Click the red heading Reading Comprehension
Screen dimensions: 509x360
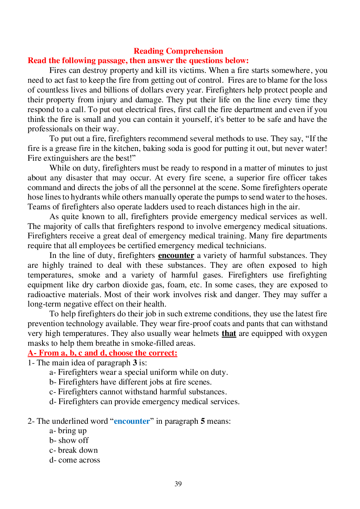(178, 51)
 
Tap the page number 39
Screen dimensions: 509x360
(178, 484)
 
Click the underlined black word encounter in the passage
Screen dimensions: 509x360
(176, 255)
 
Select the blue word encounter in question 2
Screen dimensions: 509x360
(132, 421)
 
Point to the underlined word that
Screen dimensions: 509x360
(229, 333)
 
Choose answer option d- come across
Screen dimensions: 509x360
(75, 460)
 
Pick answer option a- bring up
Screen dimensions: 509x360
(68, 431)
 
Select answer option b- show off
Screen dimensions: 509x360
(69, 440)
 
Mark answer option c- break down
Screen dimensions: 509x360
(74, 450)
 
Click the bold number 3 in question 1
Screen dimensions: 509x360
(135, 363)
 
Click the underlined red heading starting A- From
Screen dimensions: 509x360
(102, 353)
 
